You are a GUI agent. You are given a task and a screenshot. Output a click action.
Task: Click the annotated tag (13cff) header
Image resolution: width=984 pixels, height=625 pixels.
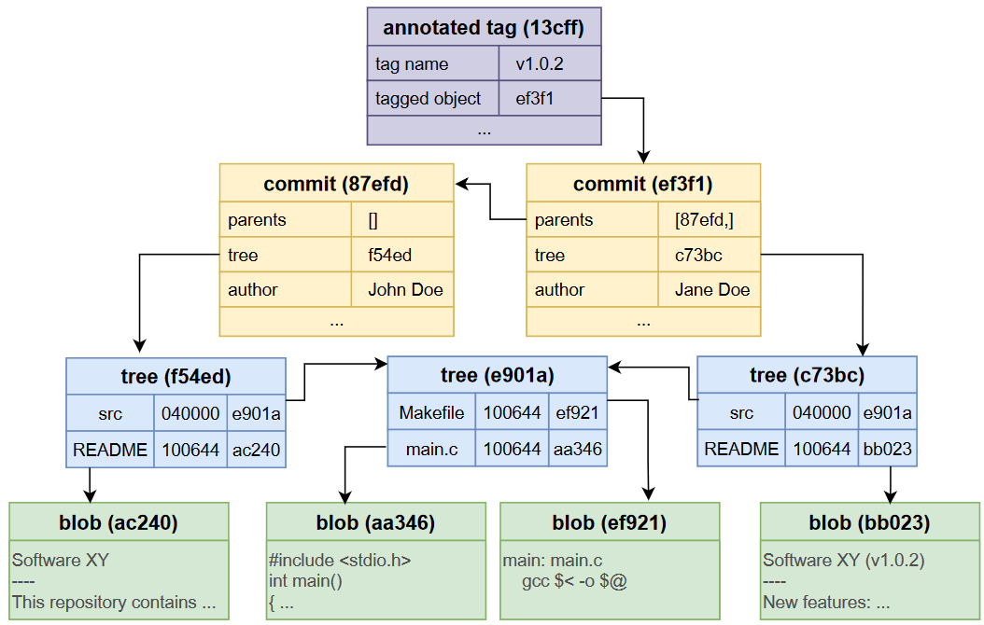click(x=484, y=28)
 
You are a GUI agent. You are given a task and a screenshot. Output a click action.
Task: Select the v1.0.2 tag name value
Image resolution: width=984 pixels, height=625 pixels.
click(x=540, y=64)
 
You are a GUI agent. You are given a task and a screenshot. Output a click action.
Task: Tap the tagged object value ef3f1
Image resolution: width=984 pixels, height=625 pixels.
click(x=535, y=98)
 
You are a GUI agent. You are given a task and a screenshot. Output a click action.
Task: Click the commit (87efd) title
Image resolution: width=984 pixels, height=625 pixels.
click(x=336, y=184)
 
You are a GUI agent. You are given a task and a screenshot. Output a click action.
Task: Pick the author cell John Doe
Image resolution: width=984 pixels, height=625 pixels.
click(x=405, y=289)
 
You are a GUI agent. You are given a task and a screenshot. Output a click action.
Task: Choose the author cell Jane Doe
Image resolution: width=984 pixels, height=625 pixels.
click(x=712, y=289)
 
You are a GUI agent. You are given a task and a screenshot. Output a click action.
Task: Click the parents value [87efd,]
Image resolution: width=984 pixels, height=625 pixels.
click(x=710, y=220)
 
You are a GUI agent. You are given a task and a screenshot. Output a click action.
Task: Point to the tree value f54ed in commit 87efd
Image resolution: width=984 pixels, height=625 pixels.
click(x=389, y=255)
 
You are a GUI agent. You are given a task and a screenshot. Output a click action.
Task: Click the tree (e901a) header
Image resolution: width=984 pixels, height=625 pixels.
click(x=497, y=375)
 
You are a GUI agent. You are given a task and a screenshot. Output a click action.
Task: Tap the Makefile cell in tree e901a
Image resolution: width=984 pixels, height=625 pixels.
click(x=431, y=412)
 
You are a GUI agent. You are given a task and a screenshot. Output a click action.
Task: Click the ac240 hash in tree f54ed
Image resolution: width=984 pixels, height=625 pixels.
click(x=257, y=450)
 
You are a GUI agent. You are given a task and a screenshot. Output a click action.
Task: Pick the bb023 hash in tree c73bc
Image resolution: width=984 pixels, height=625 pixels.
click(x=887, y=450)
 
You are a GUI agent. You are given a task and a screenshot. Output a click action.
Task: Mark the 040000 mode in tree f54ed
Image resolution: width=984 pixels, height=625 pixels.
click(x=190, y=413)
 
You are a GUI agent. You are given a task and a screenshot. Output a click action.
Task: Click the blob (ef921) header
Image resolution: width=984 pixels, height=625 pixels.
click(x=610, y=522)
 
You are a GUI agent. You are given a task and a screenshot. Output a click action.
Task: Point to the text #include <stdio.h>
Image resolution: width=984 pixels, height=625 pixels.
click(x=340, y=561)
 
